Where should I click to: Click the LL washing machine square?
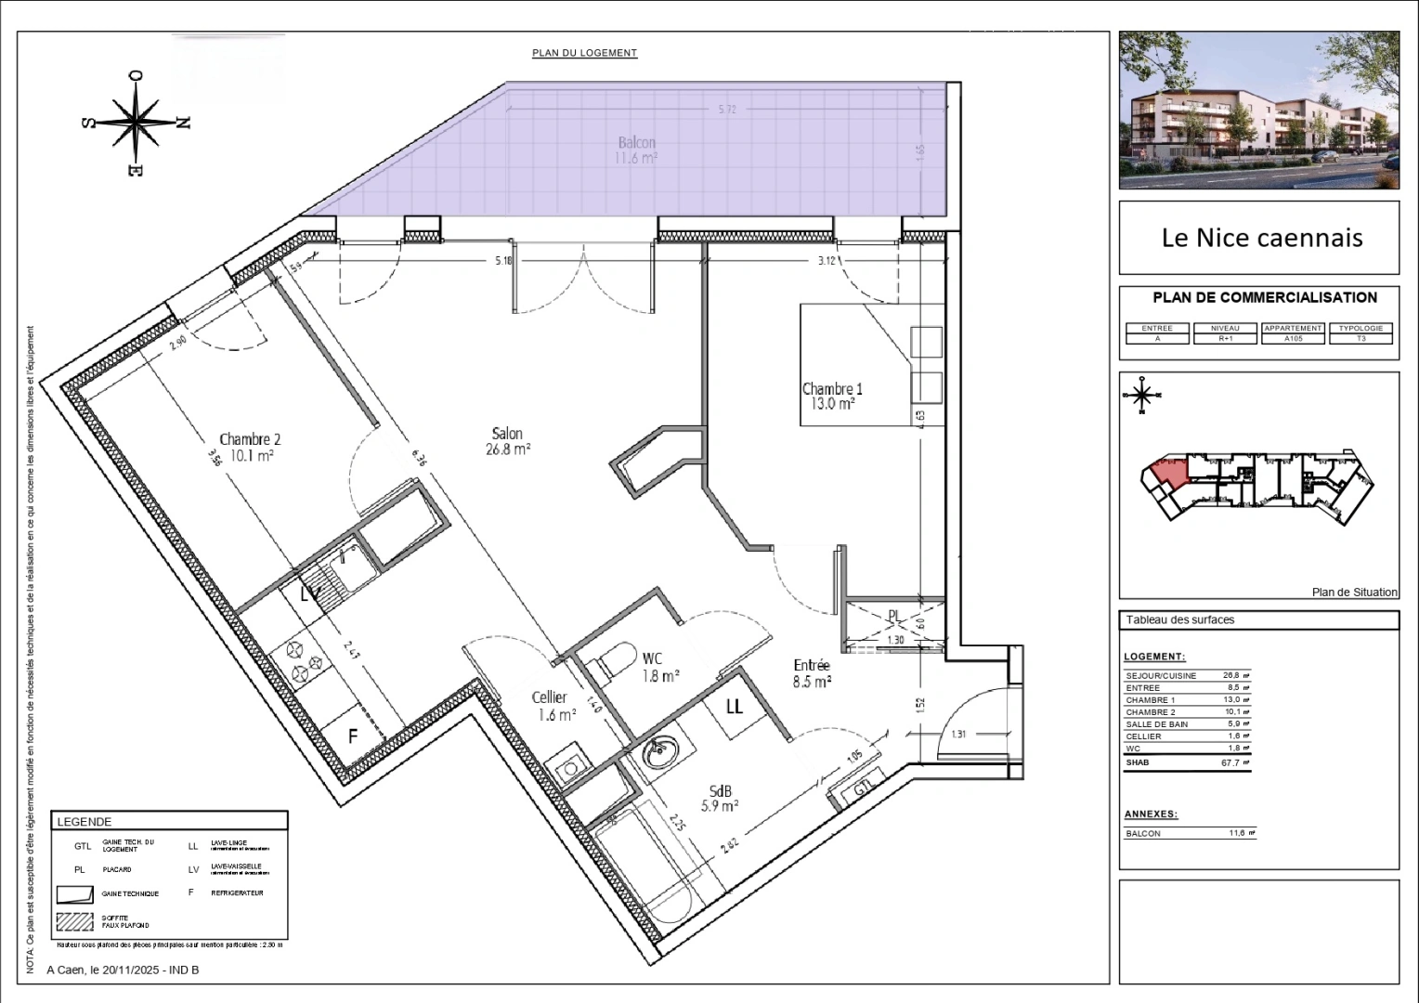pos(735,707)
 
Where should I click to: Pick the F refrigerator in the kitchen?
pos(354,736)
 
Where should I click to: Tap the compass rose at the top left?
pos(137,123)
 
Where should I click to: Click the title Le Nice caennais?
pos(1261,238)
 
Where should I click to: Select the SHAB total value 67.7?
pos(1230,762)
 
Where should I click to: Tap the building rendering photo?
pos(1258,110)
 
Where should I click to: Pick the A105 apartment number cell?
pos(1293,339)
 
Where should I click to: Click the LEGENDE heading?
pos(85,822)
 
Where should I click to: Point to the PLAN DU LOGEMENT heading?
pos(584,53)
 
